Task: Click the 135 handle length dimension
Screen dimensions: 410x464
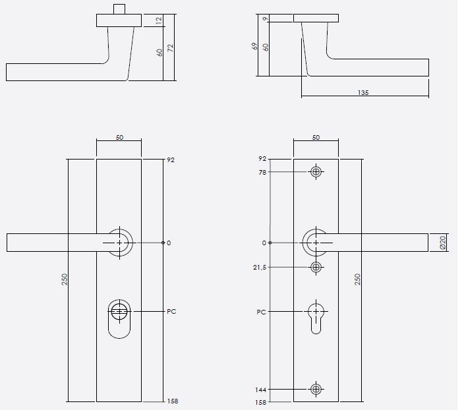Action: pos(362,93)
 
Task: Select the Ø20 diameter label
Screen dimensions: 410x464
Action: pos(443,243)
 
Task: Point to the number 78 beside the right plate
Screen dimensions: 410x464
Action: pos(263,172)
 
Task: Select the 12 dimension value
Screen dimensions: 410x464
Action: pos(159,21)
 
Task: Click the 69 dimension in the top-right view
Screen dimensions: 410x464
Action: pos(254,47)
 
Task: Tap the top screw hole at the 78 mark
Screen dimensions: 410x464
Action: pos(316,172)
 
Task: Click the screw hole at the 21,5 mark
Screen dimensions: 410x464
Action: pos(316,267)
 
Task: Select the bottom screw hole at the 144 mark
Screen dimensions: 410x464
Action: pos(316,390)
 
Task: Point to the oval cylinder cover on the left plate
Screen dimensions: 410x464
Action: pos(119,318)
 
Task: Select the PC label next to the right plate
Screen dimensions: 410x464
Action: pos(262,311)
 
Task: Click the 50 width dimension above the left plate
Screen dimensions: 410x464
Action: pos(119,138)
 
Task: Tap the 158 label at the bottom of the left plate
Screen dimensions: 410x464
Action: pos(173,401)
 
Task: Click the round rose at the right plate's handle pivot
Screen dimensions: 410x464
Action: pos(316,243)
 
